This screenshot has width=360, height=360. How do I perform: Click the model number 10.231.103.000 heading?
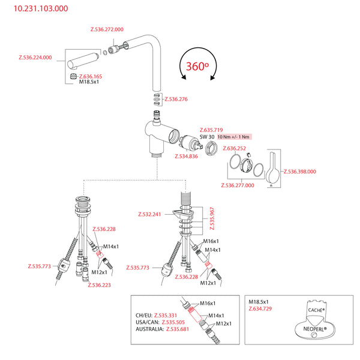(37, 9)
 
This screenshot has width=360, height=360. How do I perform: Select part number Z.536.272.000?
(107, 29)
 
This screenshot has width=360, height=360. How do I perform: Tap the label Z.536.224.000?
(35, 58)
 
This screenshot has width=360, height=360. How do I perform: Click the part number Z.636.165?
(91, 76)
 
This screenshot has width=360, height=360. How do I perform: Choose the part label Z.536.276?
(176, 99)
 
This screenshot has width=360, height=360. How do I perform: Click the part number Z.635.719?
(211, 130)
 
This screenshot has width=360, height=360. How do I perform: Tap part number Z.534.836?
(186, 157)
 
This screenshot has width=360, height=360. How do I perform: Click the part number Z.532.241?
(149, 214)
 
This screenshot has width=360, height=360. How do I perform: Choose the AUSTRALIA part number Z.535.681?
(178, 329)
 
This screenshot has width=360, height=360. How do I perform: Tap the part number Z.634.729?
(261, 308)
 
